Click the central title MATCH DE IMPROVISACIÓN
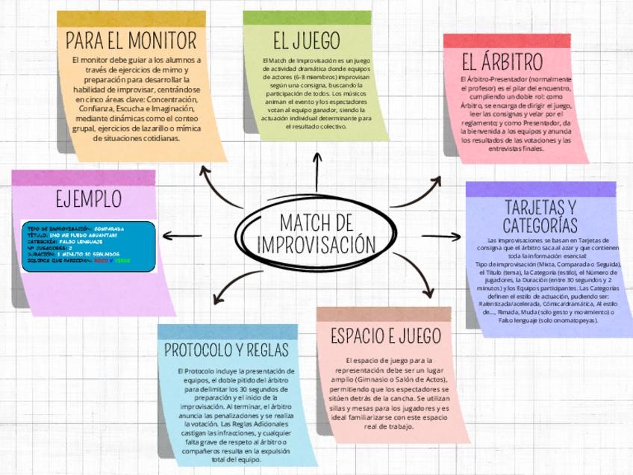(x=316, y=233)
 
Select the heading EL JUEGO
(x=306, y=40)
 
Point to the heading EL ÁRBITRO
(x=502, y=61)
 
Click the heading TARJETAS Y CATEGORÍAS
(x=540, y=216)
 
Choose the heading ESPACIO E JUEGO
(x=385, y=336)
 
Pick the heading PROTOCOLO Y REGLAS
(x=227, y=350)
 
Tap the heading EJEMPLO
(x=88, y=199)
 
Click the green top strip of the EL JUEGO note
(x=306, y=17)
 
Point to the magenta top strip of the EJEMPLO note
(x=84, y=178)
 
